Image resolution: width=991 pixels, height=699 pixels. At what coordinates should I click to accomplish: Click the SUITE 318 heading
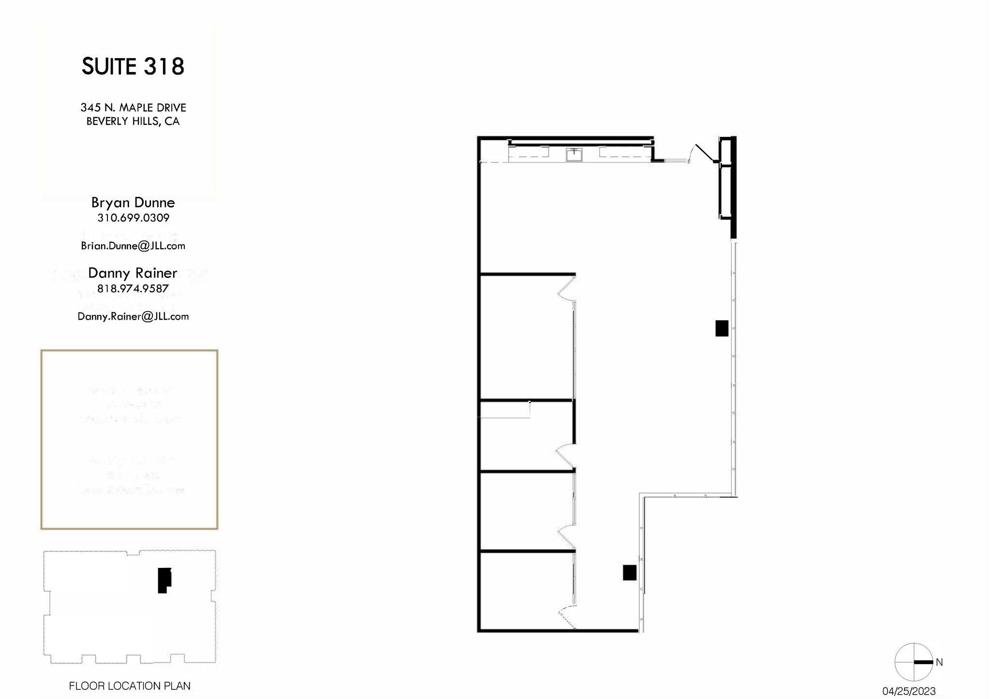click(133, 66)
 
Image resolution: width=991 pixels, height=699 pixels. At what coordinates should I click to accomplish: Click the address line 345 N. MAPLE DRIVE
click(133, 107)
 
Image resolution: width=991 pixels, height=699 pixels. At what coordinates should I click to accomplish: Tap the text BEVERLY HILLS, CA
click(133, 121)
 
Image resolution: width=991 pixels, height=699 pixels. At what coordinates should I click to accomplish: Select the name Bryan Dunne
click(133, 203)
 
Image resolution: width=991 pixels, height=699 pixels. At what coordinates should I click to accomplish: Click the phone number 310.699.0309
click(133, 218)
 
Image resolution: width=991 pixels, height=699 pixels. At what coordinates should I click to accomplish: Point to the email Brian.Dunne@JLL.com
click(133, 246)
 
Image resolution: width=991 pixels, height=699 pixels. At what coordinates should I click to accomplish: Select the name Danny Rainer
click(133, 273)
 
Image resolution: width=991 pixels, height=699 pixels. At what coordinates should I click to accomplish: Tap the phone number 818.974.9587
click(133, 289)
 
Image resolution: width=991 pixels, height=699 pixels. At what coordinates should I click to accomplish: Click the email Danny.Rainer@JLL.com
click(133, 316)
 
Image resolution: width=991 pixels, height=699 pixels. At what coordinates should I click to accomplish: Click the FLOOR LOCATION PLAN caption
click(130, 686)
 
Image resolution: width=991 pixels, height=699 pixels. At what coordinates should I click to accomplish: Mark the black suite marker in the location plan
click(164, 580)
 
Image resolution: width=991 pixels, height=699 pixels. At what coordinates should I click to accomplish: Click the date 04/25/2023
click(909, 691)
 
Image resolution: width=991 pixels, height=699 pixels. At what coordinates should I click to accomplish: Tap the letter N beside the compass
click(939, 662)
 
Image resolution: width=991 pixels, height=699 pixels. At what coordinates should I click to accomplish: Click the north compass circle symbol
click(914, 662)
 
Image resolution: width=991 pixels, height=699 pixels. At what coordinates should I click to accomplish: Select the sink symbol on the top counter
click(574, 155)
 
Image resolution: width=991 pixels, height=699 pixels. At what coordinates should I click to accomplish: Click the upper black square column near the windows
click(721, 328)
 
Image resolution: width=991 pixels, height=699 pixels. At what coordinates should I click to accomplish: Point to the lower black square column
click(629, 573)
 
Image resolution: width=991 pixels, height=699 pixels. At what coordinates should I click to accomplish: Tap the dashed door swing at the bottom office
click(566, 619)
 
